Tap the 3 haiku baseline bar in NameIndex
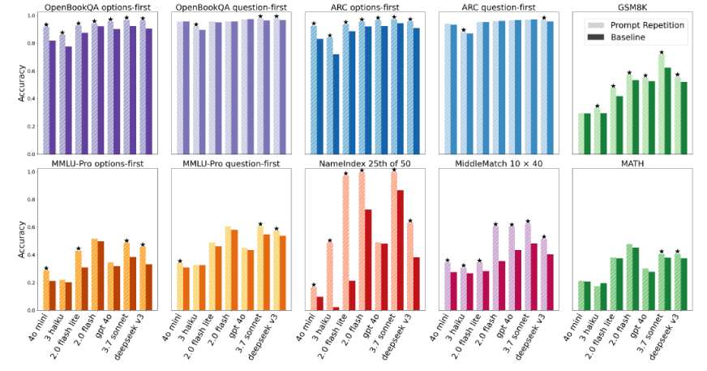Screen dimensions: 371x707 tap(336, 308)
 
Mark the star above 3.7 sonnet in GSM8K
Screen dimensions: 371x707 tap(661, 52)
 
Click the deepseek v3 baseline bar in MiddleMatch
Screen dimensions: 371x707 tap(550, 282)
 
